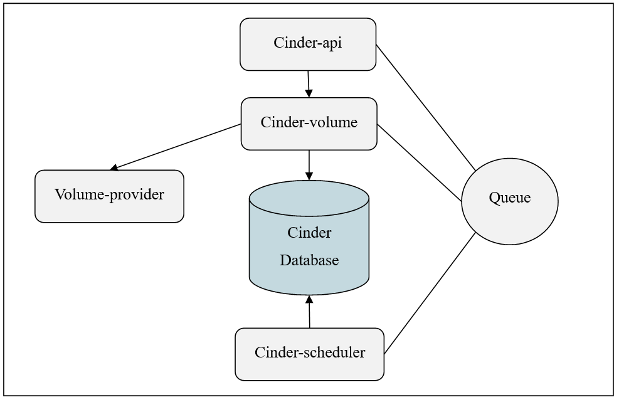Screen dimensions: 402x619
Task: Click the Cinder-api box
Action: (308, 43)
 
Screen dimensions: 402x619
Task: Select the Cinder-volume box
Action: (309, 123)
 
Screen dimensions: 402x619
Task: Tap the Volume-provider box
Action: (109, 196)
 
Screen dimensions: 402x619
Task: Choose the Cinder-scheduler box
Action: (309, 353)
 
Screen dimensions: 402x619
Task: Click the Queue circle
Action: (509, 201)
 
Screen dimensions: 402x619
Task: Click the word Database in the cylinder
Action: (309, 260)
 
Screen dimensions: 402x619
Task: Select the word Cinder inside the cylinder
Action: (309, 233)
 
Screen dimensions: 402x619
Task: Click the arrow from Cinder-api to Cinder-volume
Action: (309, 83)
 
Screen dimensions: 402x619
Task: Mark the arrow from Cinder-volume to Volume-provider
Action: (176, 147)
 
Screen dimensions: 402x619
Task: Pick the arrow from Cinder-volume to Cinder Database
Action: (309, 164)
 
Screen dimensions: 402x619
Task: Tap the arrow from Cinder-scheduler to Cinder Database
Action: (309, 312)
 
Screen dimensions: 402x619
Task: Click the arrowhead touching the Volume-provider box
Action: (114, 167)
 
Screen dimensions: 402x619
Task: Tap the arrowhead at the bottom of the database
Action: (309, 299)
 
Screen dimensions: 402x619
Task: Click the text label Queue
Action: (509, 198)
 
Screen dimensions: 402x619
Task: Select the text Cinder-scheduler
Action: (310, 352)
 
